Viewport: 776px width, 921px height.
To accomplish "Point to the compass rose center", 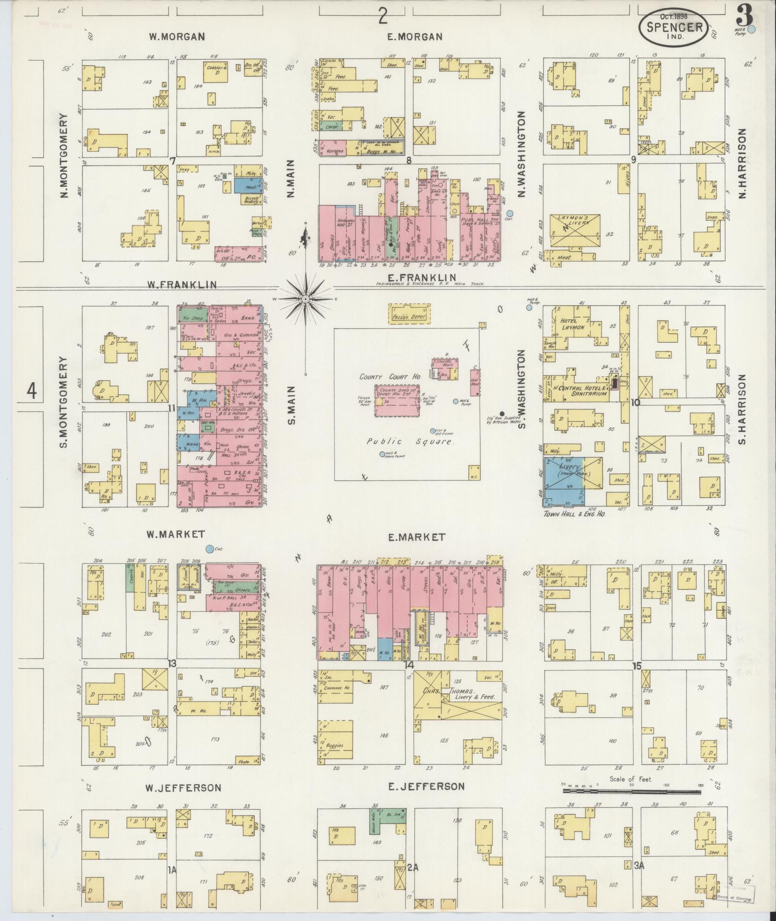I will click(305, 299).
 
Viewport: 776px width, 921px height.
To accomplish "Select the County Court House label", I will click(382, 377).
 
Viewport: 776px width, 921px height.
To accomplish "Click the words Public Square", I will click(409, 441).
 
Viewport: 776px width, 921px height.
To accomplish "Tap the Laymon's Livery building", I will click(575, 230).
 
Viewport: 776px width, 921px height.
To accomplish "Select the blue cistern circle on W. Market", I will click(209, 548).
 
